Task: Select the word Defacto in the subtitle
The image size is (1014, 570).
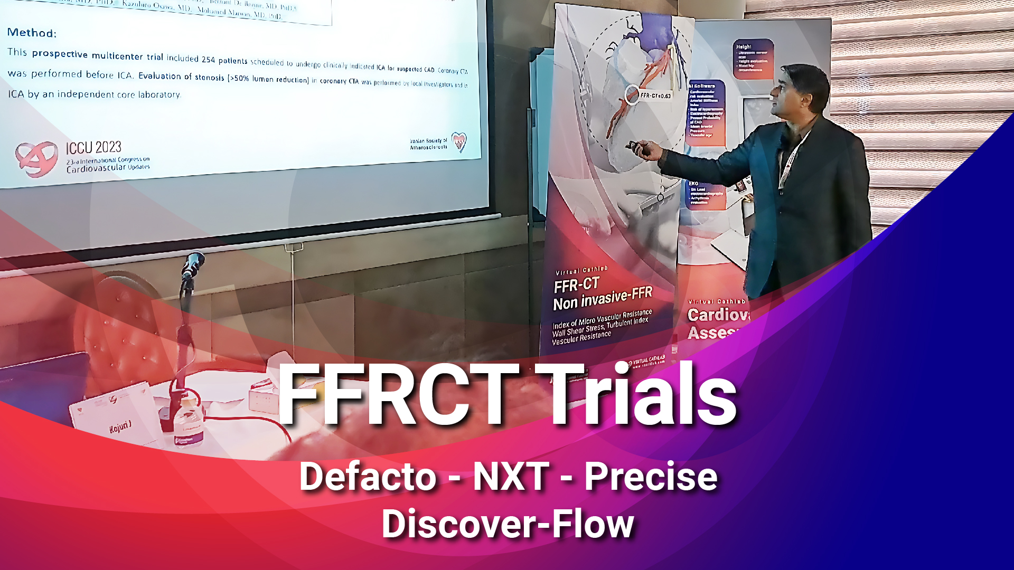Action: point(368,477)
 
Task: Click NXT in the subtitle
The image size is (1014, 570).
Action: point(511,477)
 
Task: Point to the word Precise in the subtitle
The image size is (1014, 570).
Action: point(651,477)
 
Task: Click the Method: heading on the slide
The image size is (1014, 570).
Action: point(32,33)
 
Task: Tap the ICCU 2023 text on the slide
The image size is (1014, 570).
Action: point(93,147)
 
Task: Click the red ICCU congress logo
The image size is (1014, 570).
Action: point(36,158)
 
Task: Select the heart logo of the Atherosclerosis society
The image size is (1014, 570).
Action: point(459,141)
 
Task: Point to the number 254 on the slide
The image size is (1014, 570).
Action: point(209,59)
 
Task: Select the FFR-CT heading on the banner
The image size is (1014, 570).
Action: point(576,286)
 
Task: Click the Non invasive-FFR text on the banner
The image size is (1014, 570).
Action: point(603,299)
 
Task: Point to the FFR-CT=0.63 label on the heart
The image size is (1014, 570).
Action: point(655,96)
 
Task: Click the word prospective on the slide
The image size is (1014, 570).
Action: point(60,54)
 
